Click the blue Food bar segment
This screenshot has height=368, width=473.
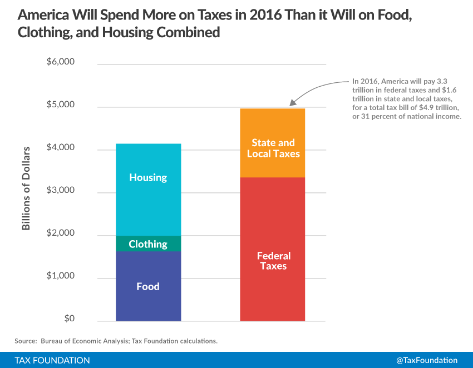click(x=148, y=286)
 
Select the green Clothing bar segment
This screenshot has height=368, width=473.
click(x=148, y=243)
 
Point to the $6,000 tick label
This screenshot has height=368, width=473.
click(x=61, y=62)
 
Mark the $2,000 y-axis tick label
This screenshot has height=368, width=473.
click(x=61, y=233)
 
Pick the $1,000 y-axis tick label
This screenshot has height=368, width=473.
click(x=61, y=276)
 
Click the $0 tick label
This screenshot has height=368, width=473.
click(x=68, y=319)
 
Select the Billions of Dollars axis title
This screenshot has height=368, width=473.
click(x=26, y=188)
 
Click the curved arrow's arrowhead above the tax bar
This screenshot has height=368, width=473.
click(x=292, y=102)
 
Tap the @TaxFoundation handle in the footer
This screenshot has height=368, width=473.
click(x=426, y=360)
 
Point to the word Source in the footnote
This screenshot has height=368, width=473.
click(x=26, y=340)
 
